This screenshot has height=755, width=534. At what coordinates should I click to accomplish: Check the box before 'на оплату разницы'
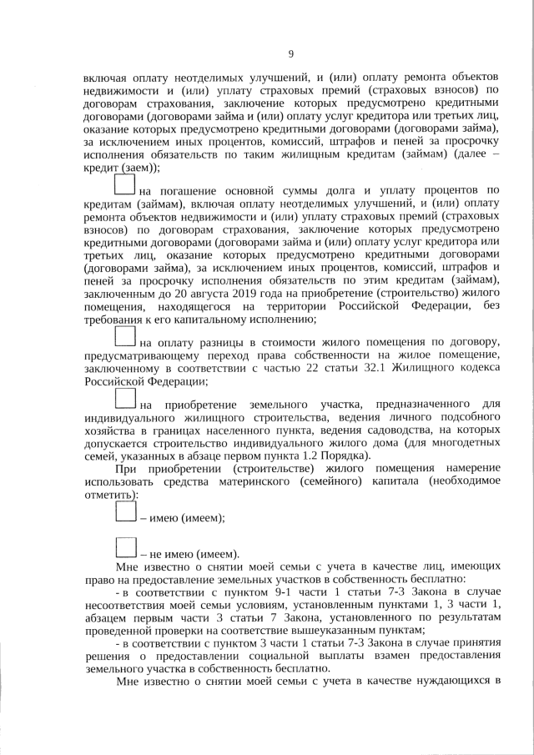[x=125, y=336]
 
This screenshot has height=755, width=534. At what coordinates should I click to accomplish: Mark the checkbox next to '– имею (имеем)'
[x=125, y=512]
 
